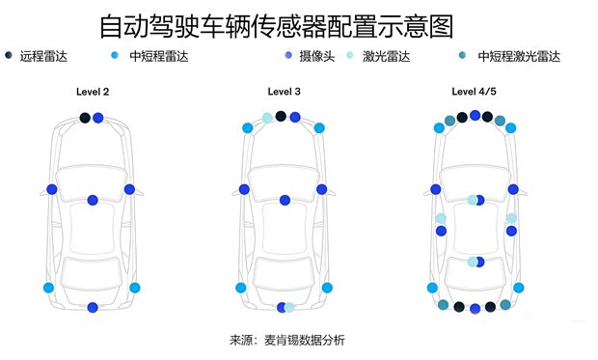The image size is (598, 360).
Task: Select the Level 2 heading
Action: coord(94,93)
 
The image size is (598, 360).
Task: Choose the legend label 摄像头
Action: coord(315,56)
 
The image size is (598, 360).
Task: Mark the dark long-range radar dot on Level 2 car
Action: coord(85,118)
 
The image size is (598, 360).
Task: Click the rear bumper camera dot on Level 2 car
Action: coord(93,307)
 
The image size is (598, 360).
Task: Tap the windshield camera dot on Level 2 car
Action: coord(93,200)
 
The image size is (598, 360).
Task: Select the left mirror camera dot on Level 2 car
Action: coord(52,189)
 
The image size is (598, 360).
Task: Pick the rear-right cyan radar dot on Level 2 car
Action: coord(134,288)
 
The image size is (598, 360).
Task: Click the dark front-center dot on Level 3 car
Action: coord(281,116)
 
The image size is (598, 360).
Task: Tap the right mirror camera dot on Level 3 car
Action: coord(323,189)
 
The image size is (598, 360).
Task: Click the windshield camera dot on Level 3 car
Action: coord(285,200)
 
